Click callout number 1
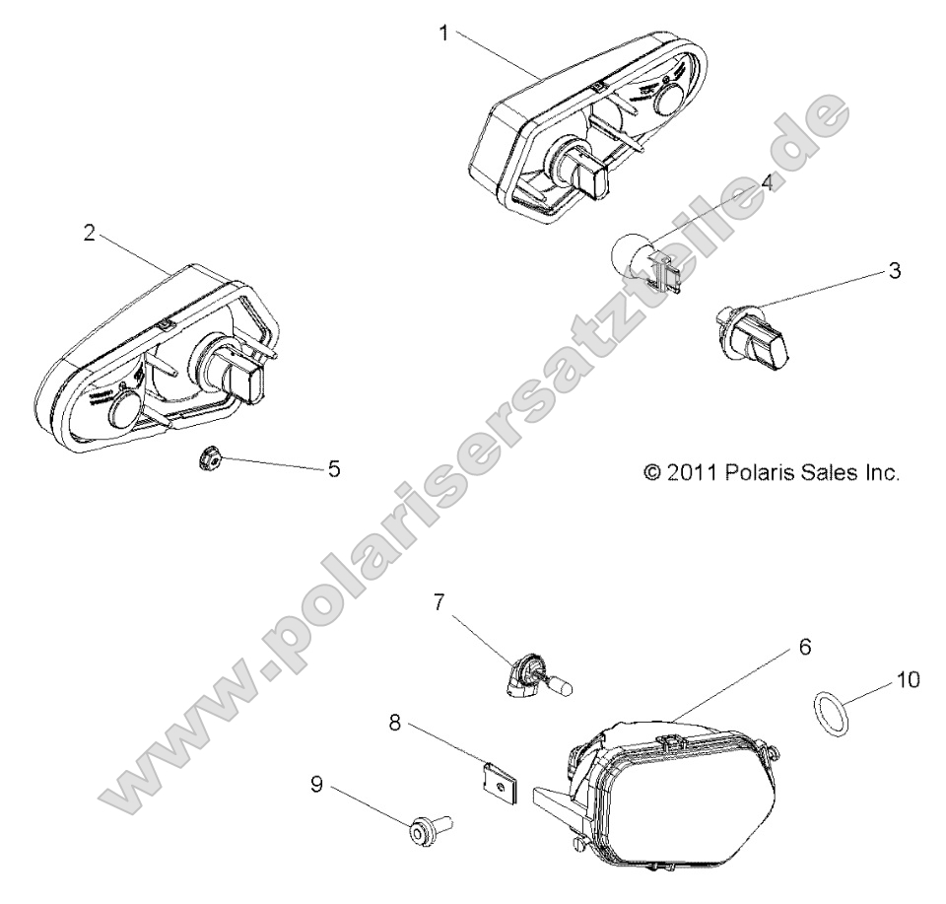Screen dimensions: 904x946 (x=443, y=33)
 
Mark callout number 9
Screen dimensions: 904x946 (x=316, y=787)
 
